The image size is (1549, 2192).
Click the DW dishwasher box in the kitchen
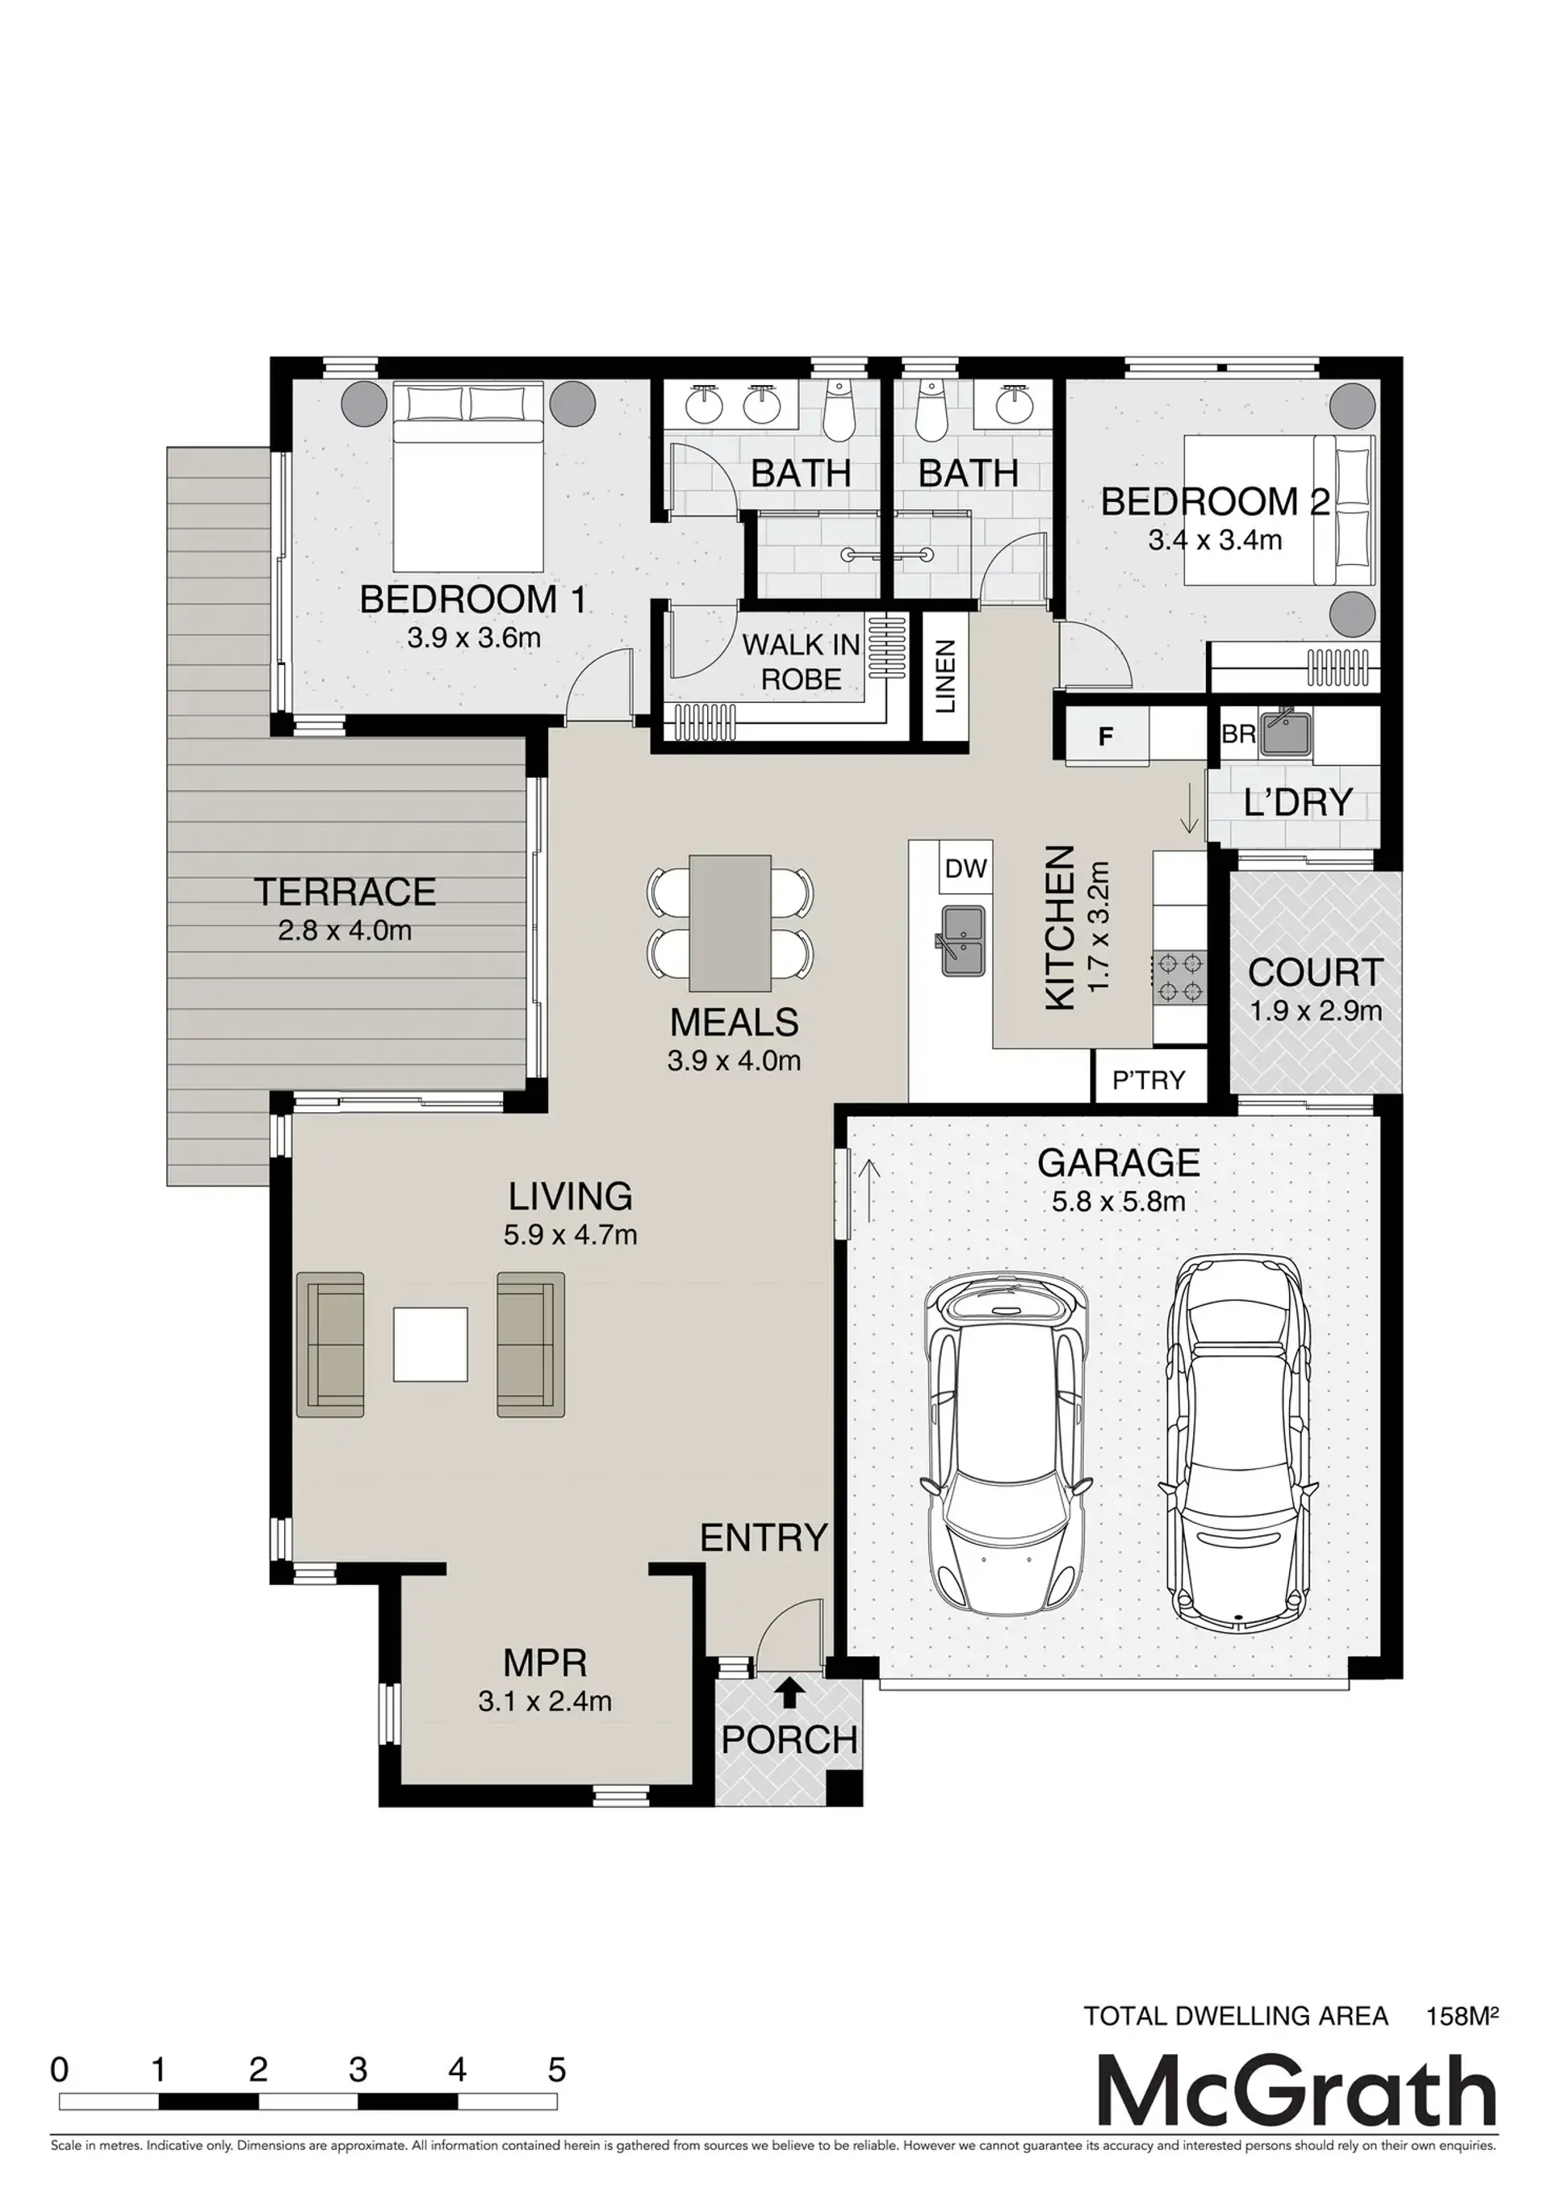(965, 868)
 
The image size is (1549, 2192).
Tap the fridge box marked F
(1107, 736)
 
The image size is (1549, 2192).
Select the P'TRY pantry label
(1148, 1080)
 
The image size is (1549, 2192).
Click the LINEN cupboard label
(945, 677)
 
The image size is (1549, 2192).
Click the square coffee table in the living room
(431, 1345)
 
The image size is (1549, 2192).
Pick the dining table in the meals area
(731, 923)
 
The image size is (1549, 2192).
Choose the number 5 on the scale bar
(557, 2070)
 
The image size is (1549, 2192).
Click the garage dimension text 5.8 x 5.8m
(1118, 1201)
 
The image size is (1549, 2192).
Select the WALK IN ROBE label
(802, 662)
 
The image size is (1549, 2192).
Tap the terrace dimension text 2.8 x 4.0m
(345, 930)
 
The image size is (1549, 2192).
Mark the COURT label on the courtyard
(1315, 972)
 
